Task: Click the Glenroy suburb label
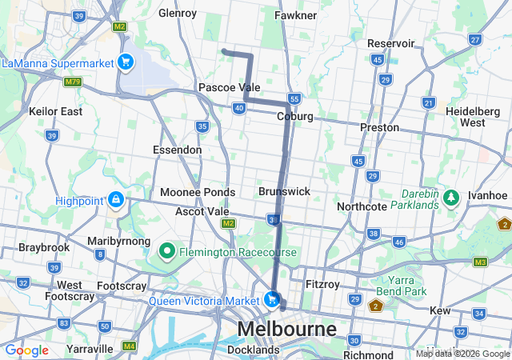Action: pyautogui.click(x=178, y=14)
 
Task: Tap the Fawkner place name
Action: pyautogui.click(x=296, y=15)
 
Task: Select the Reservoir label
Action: pyautogui.click(x=390, y=43)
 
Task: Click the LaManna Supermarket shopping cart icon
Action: pyautogui.click(x=125, y=62)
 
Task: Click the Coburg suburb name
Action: pyautogui.click(x=294, y=117)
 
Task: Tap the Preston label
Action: pyautogui.click(x=379, y=127)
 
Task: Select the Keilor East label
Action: pyautogui.click(x=55, y=112)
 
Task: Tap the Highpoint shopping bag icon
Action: pyautogui.click(x=116, y=199)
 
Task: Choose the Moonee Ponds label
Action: pyautogui.click(x=198, y=192)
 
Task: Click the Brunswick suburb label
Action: pyautogui.click(x=284, y=192)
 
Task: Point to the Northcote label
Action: pyautogui.click(x=362, y=206)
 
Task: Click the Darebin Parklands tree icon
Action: pyautogui.click(x=451, y=197)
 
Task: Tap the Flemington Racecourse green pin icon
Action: pyautogui.click(x=167, y=252)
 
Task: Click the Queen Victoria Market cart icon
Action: pyautogui.click(x=273, y=300)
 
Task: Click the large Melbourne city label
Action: pyautogui.click(x=286, y=330)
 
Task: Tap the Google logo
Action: pyautogui.click(x=26, y=350)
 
